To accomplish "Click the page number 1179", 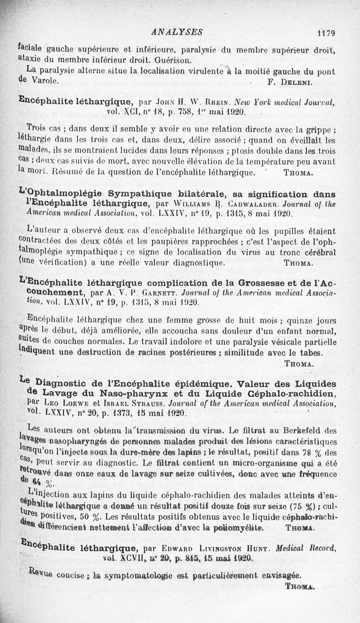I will (x=326, y=33).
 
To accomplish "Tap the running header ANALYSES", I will (x=177, y=32).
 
